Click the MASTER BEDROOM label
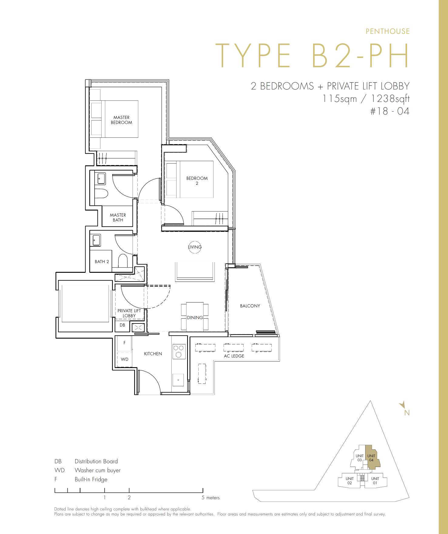pyautogui.click(x=121, y=120)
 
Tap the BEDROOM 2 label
pyautogui.click(x=197, y=181)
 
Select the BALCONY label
pyautogui.click(x=250, y=306)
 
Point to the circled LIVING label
pyautogui.click(x=195, y=247)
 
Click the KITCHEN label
pyautogui.click(x=153, y=353)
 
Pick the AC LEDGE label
pyautogui.click(x=234, y=356)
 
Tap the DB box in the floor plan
pyautogui.click(x=122, y=325)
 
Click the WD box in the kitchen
pyautogui.click(x=124, y=360)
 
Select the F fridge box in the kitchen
pyautogui.click(x=124, y=343)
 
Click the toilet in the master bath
pyautogui.click(x=101, y=193)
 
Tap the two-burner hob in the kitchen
pyautogui.click(x=178, y=351)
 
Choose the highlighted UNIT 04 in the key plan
pyautogui.click(x=372, y=458)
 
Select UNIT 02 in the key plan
pyautogui.click(x=349, y=481)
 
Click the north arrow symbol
pyautogui.click(x=403, y=405)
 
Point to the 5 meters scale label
pyautogui.click(x=211, y=498)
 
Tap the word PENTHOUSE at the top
pyautogui.click(x=388, y=31)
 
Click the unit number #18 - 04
pyautogui.click(x=390, y=111)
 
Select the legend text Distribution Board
pyautogui.click(x=96, y=461)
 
